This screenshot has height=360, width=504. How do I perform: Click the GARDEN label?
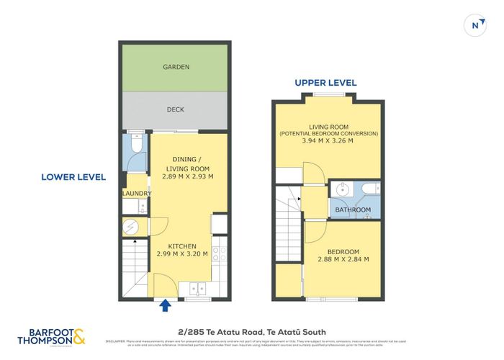176,67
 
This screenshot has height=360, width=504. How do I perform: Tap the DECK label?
176,109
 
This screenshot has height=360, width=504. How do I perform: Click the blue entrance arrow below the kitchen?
166,306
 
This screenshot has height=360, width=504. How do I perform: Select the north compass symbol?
474,24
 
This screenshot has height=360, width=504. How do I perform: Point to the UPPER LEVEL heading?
324,83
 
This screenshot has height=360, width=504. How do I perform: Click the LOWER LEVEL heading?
73,176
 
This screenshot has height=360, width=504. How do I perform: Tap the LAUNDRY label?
136,193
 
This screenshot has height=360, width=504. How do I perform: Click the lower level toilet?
135,146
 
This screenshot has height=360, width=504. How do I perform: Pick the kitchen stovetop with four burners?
220,253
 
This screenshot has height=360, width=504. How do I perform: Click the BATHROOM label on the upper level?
351,210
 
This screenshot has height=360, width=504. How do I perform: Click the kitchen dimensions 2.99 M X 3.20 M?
183,253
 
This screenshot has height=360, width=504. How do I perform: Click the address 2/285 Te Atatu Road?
251,332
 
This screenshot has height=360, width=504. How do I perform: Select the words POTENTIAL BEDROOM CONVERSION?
330,133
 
